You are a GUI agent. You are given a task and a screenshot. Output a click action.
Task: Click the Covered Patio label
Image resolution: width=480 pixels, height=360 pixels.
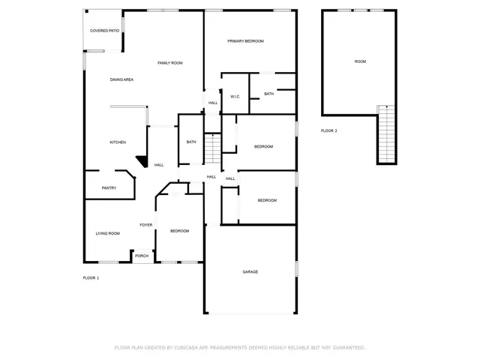coord(104,31)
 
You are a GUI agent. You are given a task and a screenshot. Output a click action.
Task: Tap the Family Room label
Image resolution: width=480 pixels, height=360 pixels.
coord(170,63)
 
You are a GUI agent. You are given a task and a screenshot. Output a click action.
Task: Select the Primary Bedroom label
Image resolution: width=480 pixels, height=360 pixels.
coord(245,40)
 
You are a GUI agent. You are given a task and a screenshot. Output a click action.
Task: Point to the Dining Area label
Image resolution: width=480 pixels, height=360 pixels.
coord(121,79)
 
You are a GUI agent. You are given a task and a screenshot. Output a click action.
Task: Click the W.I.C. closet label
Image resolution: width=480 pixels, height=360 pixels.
coord(235,97)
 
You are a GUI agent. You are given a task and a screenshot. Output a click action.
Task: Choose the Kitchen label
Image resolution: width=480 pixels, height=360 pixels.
coord(118,142)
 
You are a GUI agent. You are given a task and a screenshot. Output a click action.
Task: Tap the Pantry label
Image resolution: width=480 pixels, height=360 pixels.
coord(109,188)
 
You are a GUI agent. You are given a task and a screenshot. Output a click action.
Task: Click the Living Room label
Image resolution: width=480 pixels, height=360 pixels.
coord(107,233)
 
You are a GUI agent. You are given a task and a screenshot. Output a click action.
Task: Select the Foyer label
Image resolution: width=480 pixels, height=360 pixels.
coord(146,225)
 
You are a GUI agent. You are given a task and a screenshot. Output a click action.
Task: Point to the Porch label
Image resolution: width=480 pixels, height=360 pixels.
coord(142,256)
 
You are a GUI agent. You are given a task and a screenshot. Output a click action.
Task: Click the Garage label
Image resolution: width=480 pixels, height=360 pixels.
coord(250,271)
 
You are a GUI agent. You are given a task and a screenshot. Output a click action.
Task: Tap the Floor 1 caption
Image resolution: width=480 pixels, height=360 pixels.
coord(91,278)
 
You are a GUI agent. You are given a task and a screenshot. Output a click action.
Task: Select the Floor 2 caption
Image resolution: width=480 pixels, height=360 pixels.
coord(329,130)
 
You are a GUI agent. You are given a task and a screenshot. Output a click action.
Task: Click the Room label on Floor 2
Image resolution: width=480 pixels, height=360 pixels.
coord(360,61)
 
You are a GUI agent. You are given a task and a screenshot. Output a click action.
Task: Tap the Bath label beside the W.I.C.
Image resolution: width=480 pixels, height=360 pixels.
coord(268,94)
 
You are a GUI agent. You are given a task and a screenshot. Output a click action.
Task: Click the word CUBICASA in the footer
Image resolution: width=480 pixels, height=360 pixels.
coord(195,348)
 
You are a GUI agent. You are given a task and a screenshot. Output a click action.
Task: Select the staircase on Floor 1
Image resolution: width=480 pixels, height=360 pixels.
coord(213,148)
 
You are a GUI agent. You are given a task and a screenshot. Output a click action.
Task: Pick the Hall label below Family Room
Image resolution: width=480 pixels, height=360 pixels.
coord(213,103)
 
